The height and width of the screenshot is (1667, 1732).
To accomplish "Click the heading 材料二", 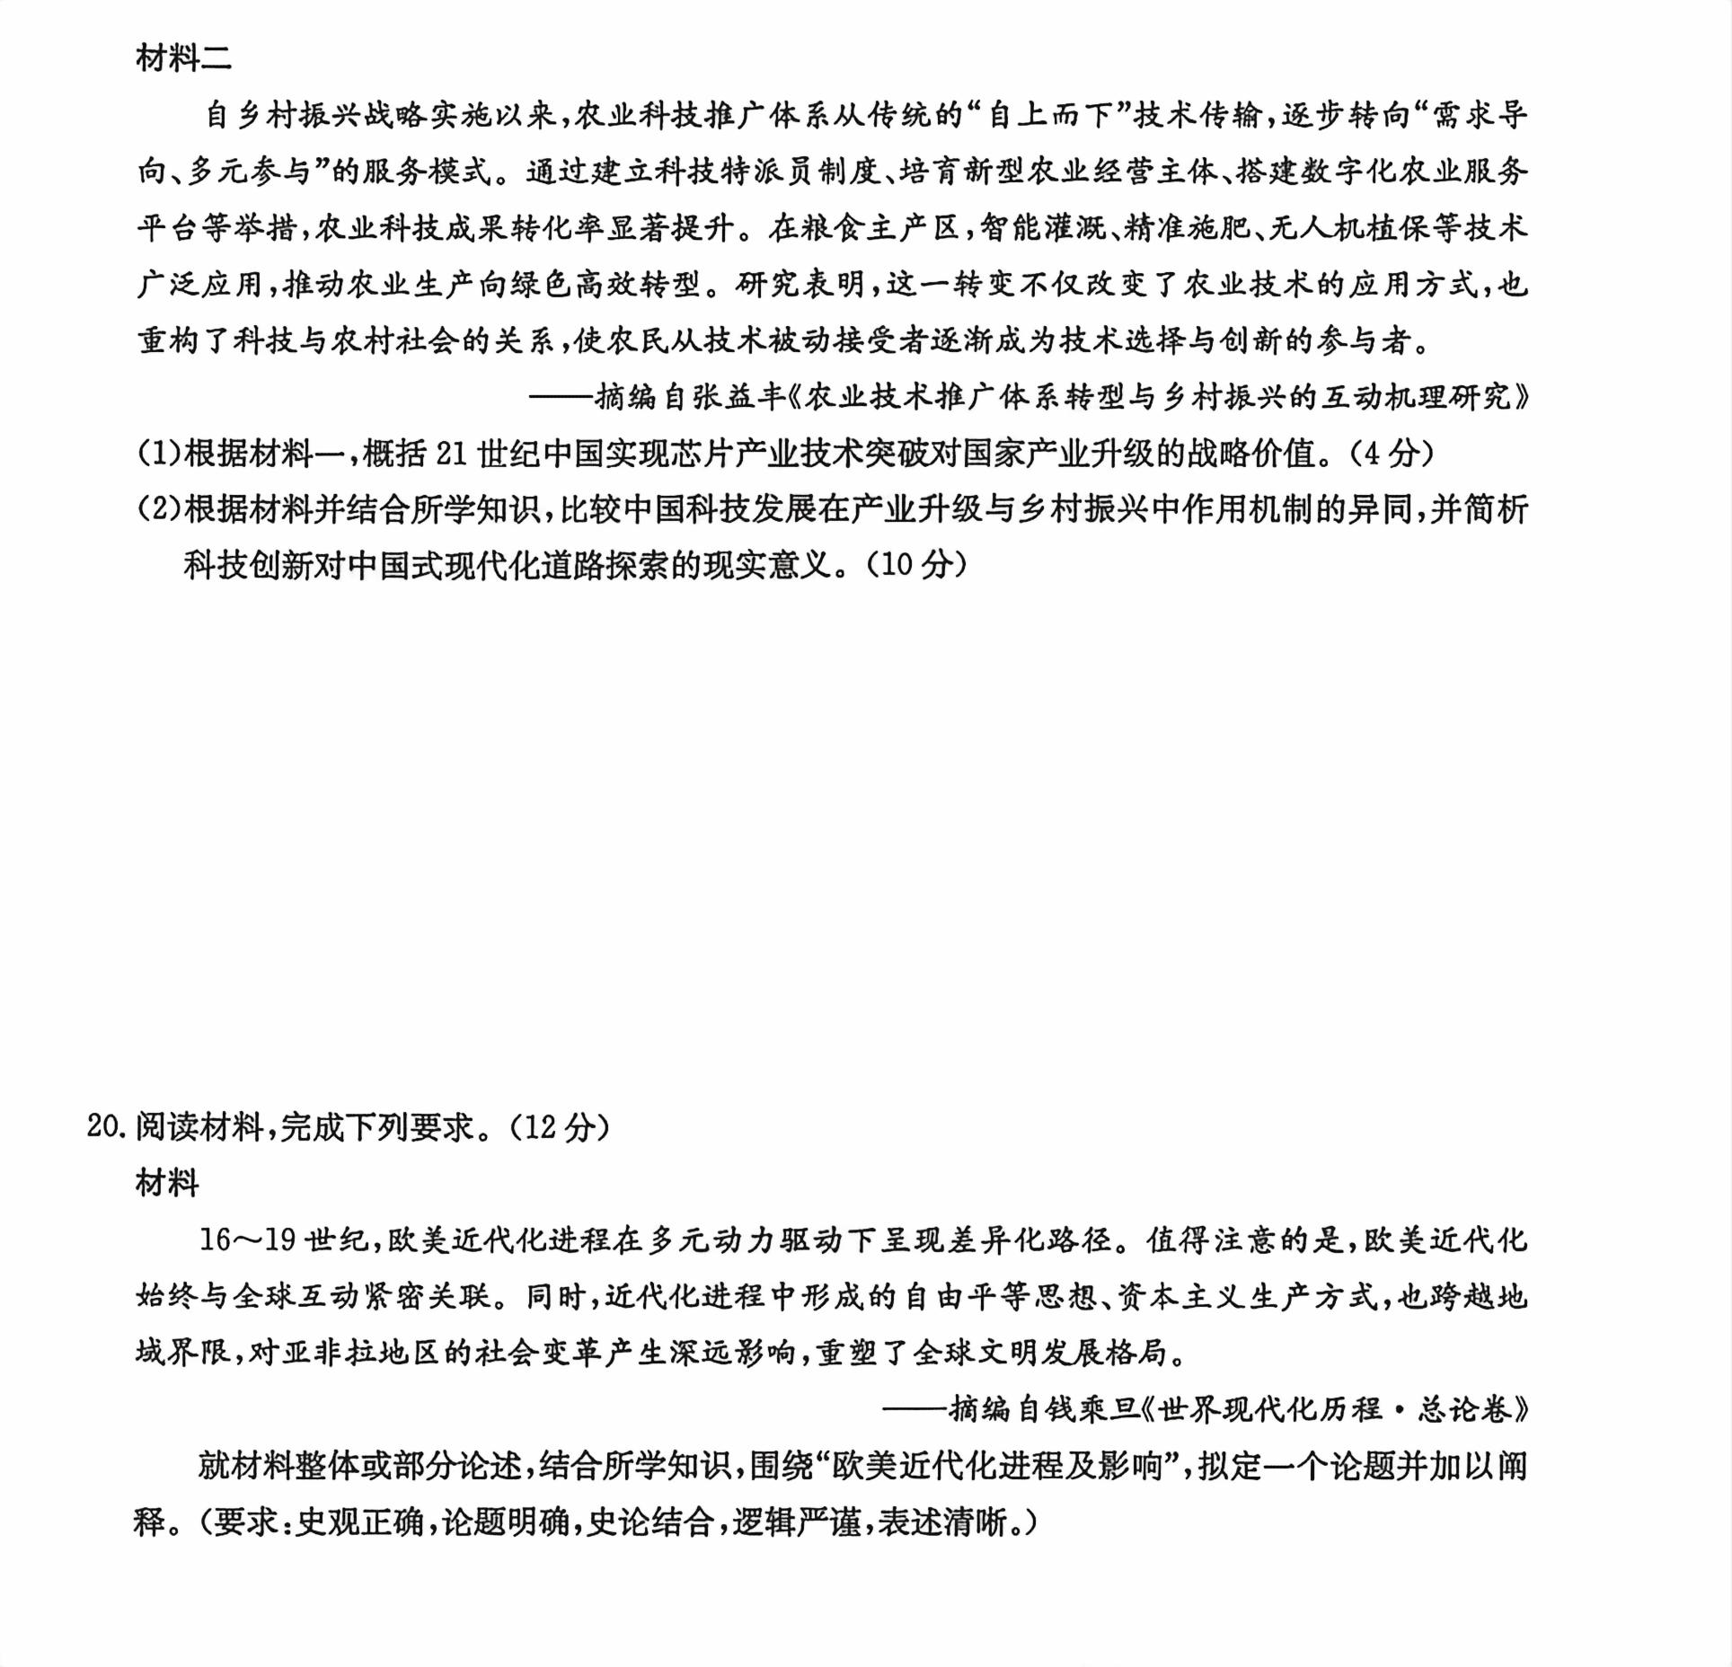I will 183,58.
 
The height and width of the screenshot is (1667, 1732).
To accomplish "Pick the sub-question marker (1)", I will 159,453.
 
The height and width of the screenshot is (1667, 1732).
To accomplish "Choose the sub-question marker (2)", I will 159,509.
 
